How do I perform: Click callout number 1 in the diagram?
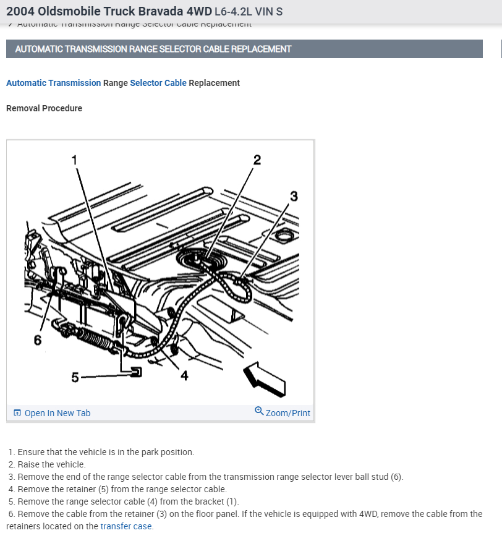pos(75,160)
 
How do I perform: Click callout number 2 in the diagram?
pos(257,160)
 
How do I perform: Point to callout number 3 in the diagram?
pos(294,197)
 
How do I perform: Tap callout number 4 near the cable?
pos(184,375)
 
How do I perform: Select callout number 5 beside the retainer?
pos(75,377)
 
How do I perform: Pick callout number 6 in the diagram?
pos(38,340)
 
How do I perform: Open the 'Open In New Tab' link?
pos(57,413)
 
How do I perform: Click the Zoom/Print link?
pos(287,413)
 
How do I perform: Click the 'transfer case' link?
pos(126,526)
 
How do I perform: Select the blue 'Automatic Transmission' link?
pos(53,83)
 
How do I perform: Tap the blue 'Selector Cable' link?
pos(158,83)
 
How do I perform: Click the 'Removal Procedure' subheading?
pos(44,108)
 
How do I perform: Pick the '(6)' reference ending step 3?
pos(396,477)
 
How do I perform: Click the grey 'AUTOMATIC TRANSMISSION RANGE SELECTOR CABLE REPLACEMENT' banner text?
pos(153,49)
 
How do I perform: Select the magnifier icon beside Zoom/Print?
pos(259,412)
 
